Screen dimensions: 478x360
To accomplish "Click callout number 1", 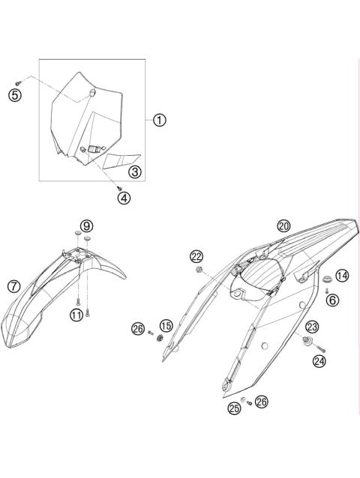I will click(159, 120).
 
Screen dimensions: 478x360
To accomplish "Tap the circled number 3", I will click(134, 172).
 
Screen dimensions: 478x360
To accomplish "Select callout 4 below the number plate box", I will click(122, 198).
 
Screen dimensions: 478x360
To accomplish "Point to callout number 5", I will click(13, 94).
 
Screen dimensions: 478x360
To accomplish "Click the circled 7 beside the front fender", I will click(13, 285).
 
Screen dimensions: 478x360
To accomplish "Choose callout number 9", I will click(87, 226).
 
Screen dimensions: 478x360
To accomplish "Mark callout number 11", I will click(76, 315).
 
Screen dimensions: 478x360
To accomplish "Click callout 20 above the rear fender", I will click(283, 226).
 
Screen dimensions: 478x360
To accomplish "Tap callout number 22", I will click(196, 256).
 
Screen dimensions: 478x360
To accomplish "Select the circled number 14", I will click(341, 276).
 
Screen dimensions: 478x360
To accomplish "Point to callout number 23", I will click(311, 326).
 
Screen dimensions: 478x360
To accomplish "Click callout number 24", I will click(319, 361).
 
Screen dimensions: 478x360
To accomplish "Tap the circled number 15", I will click(166, 326).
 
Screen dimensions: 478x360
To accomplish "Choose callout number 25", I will click(235, 408).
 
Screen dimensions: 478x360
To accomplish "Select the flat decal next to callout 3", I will click(121, 160).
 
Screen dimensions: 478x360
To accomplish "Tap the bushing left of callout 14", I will click(327, 279).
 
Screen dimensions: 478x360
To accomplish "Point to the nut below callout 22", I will click(199, 269).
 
